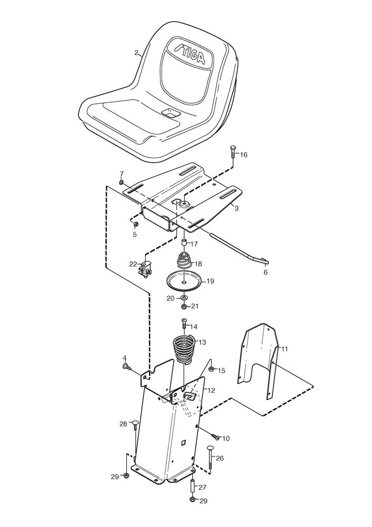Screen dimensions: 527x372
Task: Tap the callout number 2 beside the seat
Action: tap(137, 53)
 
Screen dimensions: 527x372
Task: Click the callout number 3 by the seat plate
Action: tap(237, 209)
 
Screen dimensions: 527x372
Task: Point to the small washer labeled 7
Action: tap(122, 182)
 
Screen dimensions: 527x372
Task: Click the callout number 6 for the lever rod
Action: tap(265, 272)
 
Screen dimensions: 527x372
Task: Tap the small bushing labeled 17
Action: tap(185, 244)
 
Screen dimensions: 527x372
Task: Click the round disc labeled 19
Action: tap(184, 279)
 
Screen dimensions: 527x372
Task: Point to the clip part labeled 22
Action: tap(145, 268)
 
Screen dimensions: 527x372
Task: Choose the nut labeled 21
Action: tap(184, 306)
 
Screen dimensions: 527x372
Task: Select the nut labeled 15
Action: tap(210, 369)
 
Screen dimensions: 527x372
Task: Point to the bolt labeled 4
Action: tap(126, 366)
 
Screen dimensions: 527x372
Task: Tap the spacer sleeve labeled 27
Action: tap(192, 485)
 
